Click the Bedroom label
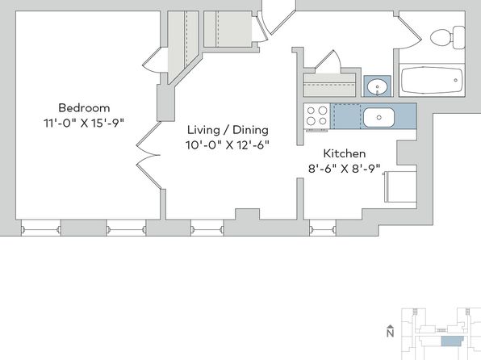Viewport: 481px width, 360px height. click(84, 108)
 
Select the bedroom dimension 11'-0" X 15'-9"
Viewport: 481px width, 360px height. click(84, 123)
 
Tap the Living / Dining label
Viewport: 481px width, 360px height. click(228, 130)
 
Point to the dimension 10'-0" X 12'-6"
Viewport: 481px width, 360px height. click(228, 144)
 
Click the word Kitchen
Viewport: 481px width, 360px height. click(345, 153)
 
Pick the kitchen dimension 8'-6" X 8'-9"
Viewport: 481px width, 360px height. click(344, 169)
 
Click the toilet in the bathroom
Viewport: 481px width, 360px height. click(448, 37)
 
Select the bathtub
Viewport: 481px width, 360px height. click(432, 80)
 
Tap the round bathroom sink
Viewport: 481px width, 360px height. click(378, 86)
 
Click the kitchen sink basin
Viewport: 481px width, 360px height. click(379, 117)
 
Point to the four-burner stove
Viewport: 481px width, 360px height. click(316, 116)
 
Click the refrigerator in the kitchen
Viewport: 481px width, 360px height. click(400, 186)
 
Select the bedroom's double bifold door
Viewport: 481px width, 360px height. click(148, 155)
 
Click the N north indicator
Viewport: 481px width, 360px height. click(390, 332)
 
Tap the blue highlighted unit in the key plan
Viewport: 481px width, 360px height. click(452, 341)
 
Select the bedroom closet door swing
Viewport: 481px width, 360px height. click(153, 61)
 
